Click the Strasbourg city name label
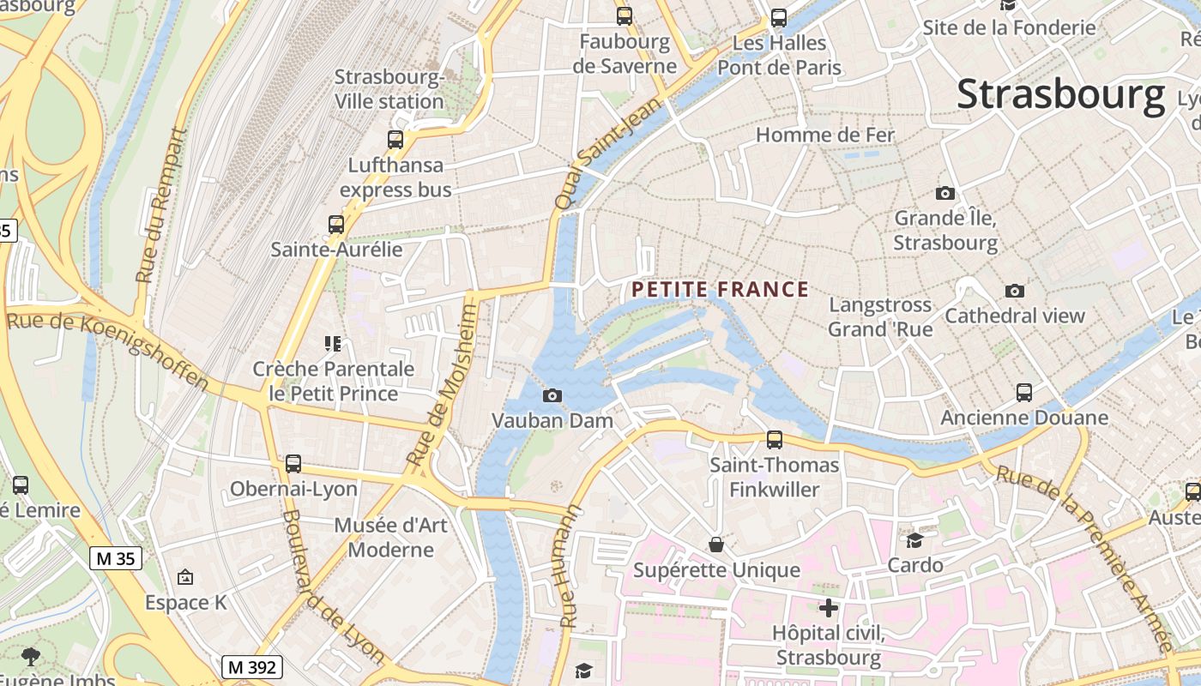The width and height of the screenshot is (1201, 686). pos(1060,94)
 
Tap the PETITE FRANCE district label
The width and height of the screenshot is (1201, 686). pos(721,290)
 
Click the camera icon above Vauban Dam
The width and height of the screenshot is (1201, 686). pos(552,395)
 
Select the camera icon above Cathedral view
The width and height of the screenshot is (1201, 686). pos(1015,292)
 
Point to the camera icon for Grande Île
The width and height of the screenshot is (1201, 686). pos(945,194)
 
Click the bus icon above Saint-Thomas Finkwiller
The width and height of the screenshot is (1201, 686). pos(775,440)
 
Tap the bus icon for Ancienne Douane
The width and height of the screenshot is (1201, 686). pos(1024,393)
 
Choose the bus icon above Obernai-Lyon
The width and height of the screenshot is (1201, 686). pos(293,464)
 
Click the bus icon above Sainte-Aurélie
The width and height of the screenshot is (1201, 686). pos(336,225)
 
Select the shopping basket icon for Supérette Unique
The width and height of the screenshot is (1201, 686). pos(716,545)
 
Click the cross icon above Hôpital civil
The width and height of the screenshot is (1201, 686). pos(829,608)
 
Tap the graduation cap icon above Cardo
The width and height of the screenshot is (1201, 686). pos(915,540)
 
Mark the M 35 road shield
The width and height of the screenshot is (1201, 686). pos(115,559)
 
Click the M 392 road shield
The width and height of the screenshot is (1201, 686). pos(252,667)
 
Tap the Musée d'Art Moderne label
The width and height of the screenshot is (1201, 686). pos(391,537)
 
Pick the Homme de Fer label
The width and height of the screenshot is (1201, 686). pos(824,135)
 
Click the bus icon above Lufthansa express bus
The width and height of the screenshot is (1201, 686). pos(395,140)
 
